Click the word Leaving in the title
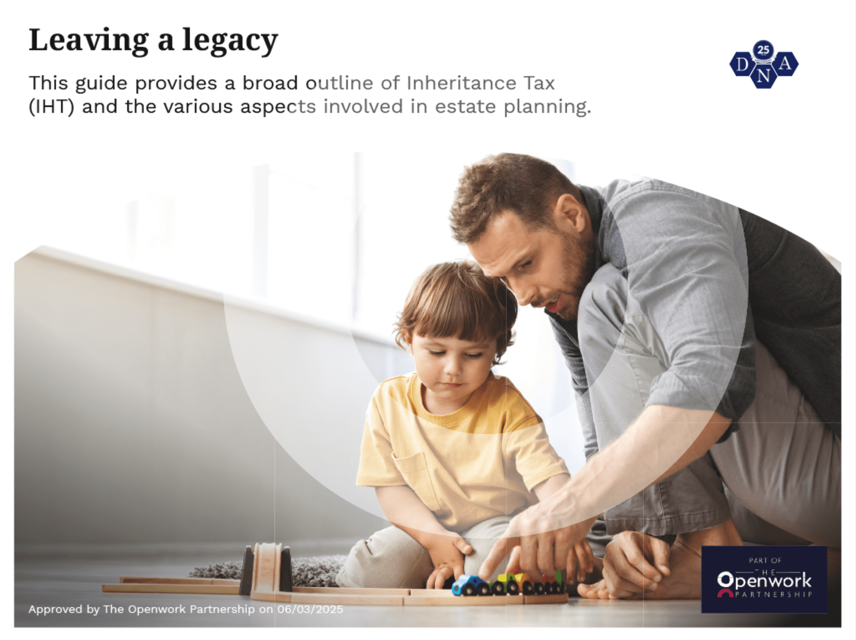(89, 40)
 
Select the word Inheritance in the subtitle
(462, 83)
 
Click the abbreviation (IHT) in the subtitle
(51, 107)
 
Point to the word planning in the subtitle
(547, 108)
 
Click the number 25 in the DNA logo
(763, 50)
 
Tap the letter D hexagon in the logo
(743, 64)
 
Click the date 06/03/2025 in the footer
(310, 609)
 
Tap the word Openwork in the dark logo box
(764, 581)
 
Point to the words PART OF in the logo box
(765, 560)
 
